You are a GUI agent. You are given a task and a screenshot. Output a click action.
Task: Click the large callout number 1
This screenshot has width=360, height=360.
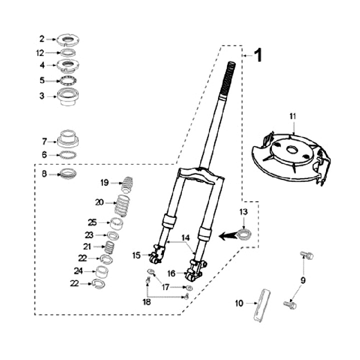pyautogui.click(x=257, y=55)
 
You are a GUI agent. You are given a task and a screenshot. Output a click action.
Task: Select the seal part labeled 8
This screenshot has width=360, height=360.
pyautogui.click(x=68, y=174)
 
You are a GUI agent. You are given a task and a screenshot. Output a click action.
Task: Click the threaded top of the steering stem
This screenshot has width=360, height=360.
pyautogui.click(x=231, y=70)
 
